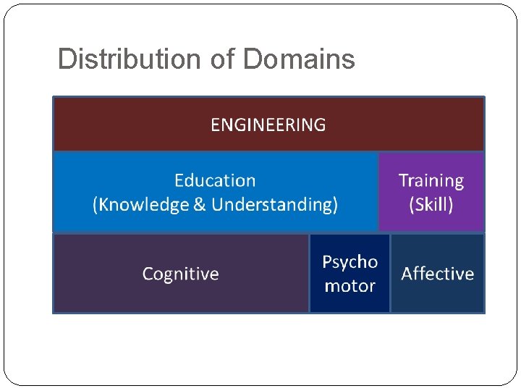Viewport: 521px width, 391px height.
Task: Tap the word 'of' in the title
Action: point(223,59)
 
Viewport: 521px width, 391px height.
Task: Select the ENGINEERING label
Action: point(268,125)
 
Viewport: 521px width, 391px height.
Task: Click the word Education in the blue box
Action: point(215,180)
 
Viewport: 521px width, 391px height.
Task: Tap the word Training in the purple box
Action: point(431,180)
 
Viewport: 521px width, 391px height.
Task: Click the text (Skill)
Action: point(431,205)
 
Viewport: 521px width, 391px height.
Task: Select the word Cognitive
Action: point(180,274)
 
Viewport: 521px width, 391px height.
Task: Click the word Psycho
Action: point(350,261)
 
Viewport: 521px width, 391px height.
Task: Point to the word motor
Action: point(350,286)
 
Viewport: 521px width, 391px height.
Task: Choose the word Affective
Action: point(437,274)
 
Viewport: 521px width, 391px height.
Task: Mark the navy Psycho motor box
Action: point(350,303)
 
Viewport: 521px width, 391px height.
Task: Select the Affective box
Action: point(437,298)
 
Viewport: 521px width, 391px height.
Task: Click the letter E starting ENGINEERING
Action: point(215,125)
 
